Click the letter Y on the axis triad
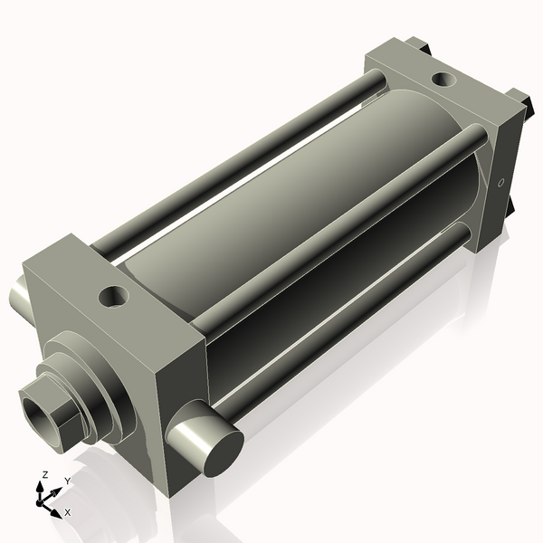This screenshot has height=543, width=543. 67,481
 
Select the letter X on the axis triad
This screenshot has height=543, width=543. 67,512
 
